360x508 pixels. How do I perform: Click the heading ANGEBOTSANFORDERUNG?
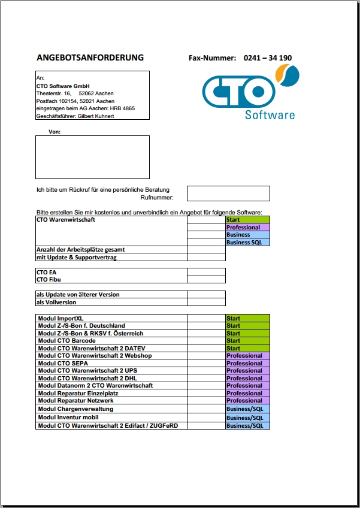90,58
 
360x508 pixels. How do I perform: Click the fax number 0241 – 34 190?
268,58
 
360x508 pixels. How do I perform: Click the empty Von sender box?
92,156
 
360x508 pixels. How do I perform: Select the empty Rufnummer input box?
228,193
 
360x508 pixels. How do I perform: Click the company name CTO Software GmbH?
63,86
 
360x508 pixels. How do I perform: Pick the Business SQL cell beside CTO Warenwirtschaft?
247,242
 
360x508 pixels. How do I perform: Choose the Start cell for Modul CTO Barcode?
247,341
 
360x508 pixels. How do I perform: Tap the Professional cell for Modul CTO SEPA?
247,363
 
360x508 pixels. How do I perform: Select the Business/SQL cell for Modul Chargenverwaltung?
247,409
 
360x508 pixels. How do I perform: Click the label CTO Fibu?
49,279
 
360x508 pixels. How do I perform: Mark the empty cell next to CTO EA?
206,272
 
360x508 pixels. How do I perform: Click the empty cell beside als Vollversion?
206,302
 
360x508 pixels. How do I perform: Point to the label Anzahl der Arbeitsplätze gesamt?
80,249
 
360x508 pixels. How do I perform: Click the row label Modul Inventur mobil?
68,418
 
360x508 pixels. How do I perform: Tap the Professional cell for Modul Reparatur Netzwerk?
247,400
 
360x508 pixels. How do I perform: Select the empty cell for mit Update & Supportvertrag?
206,257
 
